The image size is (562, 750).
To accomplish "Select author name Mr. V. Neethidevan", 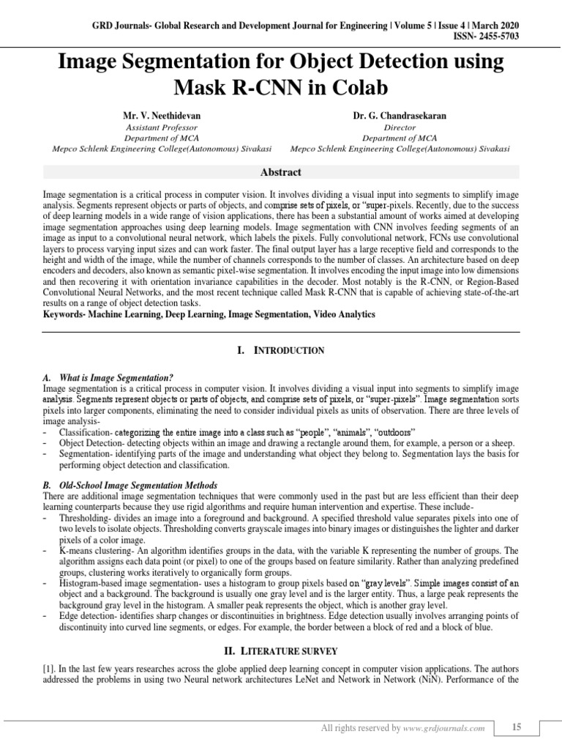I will pyautogui.click(x=161, y=116).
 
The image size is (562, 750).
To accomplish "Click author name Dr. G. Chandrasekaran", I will pyautogui.click(x=400, y=116).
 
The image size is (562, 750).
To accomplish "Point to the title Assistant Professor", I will pyautogui.click(x=162, y=127).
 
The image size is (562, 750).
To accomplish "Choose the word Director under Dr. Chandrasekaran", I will pyautogui.click(x=400, y=127).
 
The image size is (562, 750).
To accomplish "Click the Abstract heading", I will pyautogui.click(x=281, y=172).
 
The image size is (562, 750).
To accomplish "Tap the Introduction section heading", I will pyautogui.click(x=280, y=351).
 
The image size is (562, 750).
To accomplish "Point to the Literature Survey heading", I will pyautogui.click(x=280, y=650).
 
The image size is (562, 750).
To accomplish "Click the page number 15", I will pyautogui.click(x=517, y=727).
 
